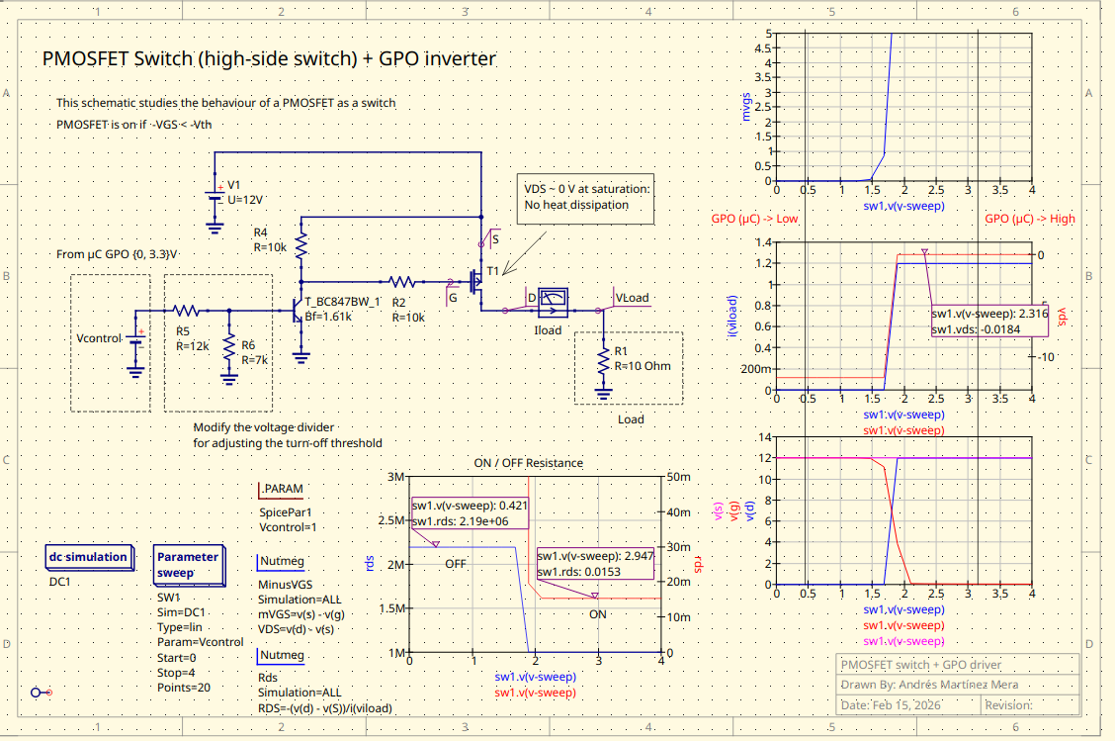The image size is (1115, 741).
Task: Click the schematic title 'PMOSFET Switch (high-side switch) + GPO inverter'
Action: (x=269, y=58)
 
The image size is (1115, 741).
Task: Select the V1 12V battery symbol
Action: (x=214, y=193)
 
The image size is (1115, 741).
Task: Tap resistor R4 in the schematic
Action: (x=302, y=241)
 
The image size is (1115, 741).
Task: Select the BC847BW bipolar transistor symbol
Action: (x=298, y=311)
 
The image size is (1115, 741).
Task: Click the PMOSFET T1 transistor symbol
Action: (x=477, y=282)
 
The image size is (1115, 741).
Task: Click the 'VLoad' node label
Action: (x=633, y=298)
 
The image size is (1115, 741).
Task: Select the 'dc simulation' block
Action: (x=88, y=557)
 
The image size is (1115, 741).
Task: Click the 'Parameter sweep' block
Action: (x=187, y=565)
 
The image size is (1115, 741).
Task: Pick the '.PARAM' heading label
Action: (x=282, y=489)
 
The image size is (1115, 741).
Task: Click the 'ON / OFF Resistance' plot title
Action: (x=529, y=463)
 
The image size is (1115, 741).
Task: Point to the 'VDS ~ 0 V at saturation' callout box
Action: (x=585, y=197)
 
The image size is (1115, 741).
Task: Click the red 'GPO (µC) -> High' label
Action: (x=1030, y=219)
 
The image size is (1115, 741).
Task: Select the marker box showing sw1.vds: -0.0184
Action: (x=987, y=321)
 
